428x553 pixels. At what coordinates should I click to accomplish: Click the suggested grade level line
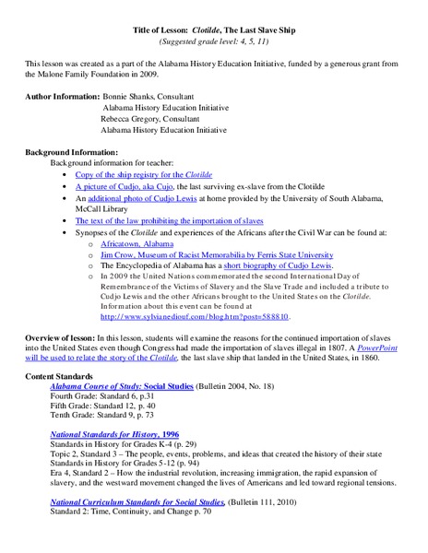(x=213, y=42)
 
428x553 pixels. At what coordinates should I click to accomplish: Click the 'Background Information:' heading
(x=71, y=151)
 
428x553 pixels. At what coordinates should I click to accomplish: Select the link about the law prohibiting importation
(x=169, y=221)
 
